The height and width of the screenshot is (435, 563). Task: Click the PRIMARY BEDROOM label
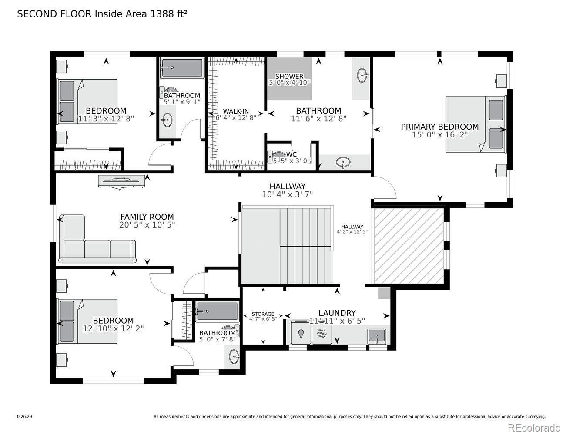tap(440, 127)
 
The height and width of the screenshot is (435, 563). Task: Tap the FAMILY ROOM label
tap(147, 217)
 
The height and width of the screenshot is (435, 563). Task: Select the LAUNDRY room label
tap(337, 313)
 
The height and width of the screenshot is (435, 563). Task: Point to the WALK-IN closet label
tap(236, 111)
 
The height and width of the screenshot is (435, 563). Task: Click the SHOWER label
tap(289, 77)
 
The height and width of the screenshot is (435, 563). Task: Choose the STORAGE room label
tap(263, 314)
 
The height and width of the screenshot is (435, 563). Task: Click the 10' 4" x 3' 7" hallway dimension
tap(288, 194)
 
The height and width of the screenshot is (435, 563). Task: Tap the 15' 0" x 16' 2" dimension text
tap(440, 135)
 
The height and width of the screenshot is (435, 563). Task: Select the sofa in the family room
tap(97, 239)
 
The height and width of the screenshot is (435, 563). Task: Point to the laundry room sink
tap(377, 336)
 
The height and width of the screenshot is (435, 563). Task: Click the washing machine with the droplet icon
tap(301, 332)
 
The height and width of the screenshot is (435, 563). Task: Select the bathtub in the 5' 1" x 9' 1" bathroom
tap(182, 68)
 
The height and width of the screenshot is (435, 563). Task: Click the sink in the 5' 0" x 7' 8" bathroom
tap(234, 357)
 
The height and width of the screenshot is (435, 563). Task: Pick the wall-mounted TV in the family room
tap(121, 181)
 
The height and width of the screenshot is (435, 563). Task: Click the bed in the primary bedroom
tap(476, 124)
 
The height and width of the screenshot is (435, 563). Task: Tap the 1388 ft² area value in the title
tap(168, 14)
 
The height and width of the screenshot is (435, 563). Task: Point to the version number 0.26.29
tap(25, 417)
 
